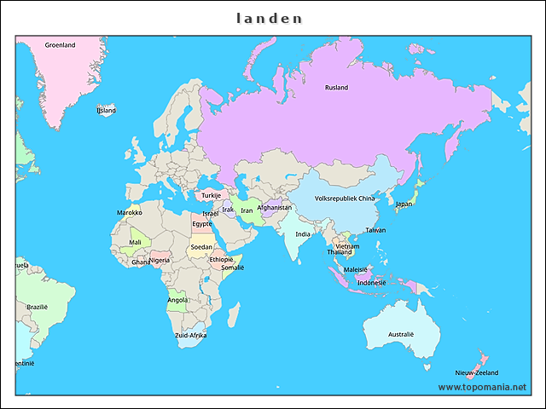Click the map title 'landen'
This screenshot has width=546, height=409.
tap(269, 18)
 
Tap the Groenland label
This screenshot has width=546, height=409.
tap(60, 45)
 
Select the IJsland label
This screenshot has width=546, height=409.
tap(106, 111)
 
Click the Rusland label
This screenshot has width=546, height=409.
tap(336, 87)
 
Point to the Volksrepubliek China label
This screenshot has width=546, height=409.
tap(345, 199)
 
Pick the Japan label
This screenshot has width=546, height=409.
tap(404, 204)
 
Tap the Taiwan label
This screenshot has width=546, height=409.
tap(375, 230)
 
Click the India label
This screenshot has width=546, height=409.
tap(303, 234)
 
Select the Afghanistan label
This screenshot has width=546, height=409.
tap(274, 207)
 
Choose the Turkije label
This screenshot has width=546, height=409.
tap(211, 195)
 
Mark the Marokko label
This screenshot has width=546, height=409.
tap(129, 213)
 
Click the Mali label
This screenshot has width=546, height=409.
tap(135, 242)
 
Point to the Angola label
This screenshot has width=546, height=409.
tap(177, 300)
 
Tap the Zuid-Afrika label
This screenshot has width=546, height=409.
tap(191, 336)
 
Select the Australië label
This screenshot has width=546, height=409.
tap(400, 334)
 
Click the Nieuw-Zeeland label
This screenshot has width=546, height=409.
tap(477, 373)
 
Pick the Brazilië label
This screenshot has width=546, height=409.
tap(38, 307)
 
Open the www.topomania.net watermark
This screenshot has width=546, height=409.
tap(482, 387)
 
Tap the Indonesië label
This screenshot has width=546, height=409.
tap(371, 282)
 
